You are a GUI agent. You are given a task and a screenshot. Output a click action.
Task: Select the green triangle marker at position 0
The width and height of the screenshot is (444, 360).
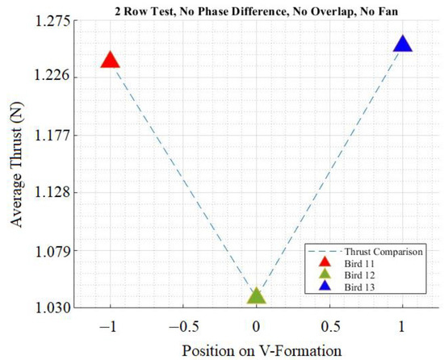pos(256,295)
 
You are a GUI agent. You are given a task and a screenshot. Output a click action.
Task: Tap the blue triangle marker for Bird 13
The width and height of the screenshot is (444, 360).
pos(403,44)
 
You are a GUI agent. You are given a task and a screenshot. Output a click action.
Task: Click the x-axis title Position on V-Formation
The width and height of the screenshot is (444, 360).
pos(256,350)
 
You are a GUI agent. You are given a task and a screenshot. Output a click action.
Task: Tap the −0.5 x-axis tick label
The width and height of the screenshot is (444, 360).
pos(181,327)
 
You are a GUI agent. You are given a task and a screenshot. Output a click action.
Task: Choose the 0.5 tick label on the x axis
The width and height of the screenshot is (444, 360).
pos(329,327)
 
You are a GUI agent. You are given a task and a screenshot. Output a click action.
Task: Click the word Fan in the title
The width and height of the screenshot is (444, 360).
pos(420,9)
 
